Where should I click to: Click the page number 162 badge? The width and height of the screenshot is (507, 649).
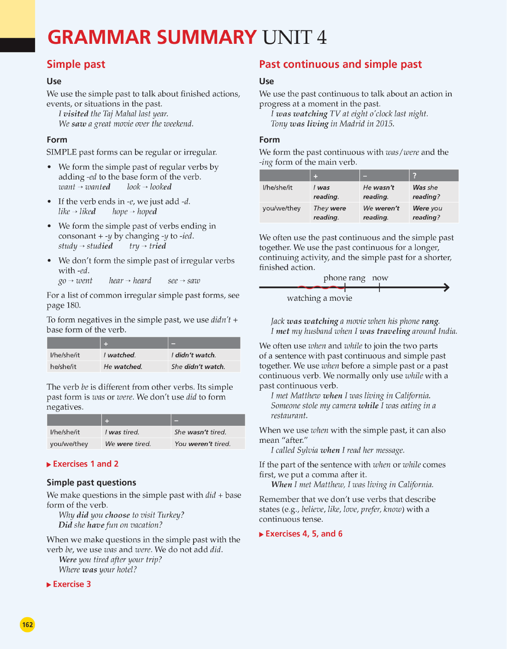point(28,625)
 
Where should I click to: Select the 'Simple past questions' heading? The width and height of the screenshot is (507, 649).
point(91,482)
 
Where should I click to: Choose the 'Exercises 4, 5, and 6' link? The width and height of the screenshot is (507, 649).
point(303,534)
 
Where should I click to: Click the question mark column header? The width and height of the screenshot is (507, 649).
point(415,176)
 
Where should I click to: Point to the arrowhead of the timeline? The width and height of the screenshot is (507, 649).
point(446,287)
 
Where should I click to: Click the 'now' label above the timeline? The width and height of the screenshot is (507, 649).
point(380,278)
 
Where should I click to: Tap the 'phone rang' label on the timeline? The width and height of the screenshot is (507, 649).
point(344,278)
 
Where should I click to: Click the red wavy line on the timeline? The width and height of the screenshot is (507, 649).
point(320,287)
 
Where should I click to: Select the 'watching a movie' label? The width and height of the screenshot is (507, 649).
point(319,298)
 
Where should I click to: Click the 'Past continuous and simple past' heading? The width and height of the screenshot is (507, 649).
point(340,65)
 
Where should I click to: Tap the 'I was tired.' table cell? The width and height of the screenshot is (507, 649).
point(122,432)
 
